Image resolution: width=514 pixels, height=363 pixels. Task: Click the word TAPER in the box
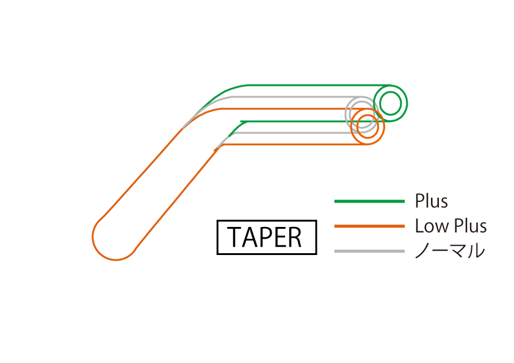(x=267, y=237)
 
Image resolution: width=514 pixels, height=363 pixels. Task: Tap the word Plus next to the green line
(x=431, y=201)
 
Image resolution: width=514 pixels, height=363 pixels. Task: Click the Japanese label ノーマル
(x=450, y=251)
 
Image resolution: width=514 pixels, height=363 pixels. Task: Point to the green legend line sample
(x=369, y=201)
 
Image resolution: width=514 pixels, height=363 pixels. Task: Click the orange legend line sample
(x=369, y=226)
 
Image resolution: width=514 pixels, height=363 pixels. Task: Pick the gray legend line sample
(x=369, y=251)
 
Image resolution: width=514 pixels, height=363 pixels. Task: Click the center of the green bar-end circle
(x=391, y=104)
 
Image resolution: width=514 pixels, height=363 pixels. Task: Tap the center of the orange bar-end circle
(x=367, y=127)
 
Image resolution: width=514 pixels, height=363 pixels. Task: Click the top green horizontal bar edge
(x=317, y=85)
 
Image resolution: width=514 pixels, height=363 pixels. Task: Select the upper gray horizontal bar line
(x=293, y=96)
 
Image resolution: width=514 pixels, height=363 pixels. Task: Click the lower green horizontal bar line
(x=293, y=121)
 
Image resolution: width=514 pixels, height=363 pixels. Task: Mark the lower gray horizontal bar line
(x=293, y=132)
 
